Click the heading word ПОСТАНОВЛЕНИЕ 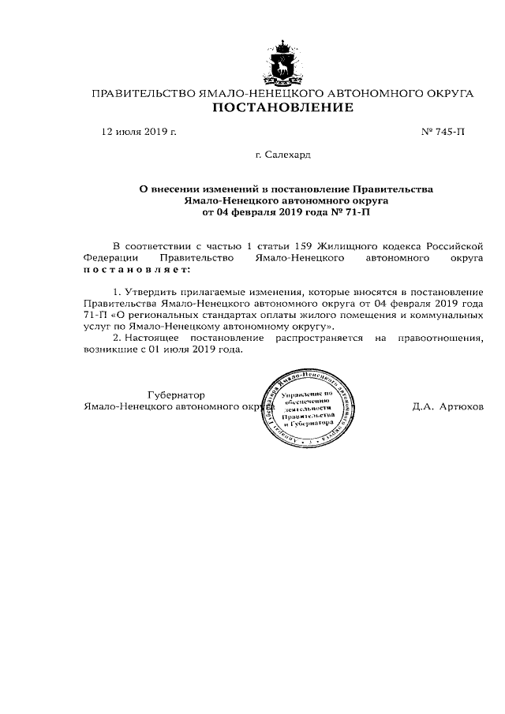click(282, 107)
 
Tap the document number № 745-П click(443, 132)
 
